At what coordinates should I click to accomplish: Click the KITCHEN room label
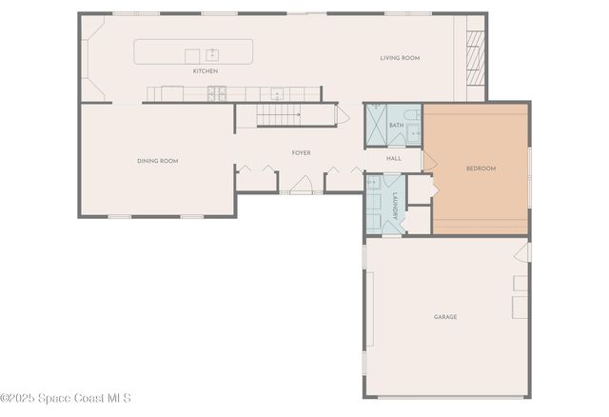[206, 71]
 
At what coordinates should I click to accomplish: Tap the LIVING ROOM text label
[400, 58]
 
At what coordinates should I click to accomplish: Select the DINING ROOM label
[157, 161]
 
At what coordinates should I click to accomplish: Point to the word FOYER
[301, 152]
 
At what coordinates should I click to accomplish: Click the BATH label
[396, 125]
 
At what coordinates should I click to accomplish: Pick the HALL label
[394, 158]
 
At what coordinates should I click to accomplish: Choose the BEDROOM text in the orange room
[481, 169]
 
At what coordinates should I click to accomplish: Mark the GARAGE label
[445, 316]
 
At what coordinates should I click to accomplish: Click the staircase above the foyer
[280, 115]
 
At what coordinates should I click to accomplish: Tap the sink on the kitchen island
[213, 54]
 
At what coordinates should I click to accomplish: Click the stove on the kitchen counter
[217, 93]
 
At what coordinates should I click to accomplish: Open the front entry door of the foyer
[302, 186]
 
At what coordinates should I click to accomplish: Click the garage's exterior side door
[522, 252]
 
